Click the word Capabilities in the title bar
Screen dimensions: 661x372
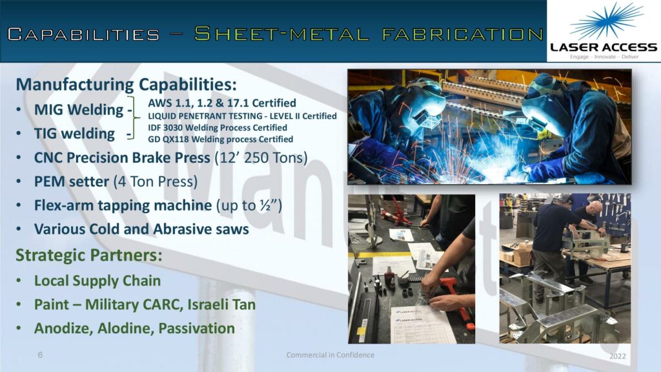click(83, 34)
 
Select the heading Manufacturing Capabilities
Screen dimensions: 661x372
click(127, 85)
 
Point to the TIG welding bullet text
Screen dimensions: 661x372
click(74, 134)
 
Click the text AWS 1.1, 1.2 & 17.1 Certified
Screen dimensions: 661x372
click(222, 103)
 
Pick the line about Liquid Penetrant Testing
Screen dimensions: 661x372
click(242, 116)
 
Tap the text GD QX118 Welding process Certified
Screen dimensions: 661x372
click(220, 139)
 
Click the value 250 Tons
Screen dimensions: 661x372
click(274, 158)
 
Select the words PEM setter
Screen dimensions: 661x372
click(72, 181)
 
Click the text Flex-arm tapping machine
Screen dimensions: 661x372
click(123, 206)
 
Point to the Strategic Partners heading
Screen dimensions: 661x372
click(89, 255)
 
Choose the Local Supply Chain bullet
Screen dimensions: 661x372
click(97, 281)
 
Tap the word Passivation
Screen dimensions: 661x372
click(196, 329)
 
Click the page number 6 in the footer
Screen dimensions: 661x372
click(40, 355)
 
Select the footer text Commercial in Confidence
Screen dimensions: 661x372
click(330, 355)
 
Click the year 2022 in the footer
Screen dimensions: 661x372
click(618, 356)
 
